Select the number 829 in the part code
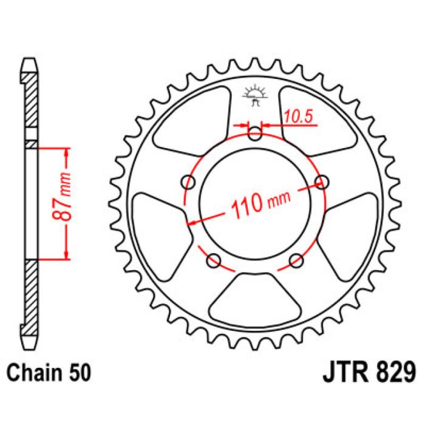coord(395,372)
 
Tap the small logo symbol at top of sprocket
coord(255,96)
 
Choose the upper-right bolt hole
coord(321,182)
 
